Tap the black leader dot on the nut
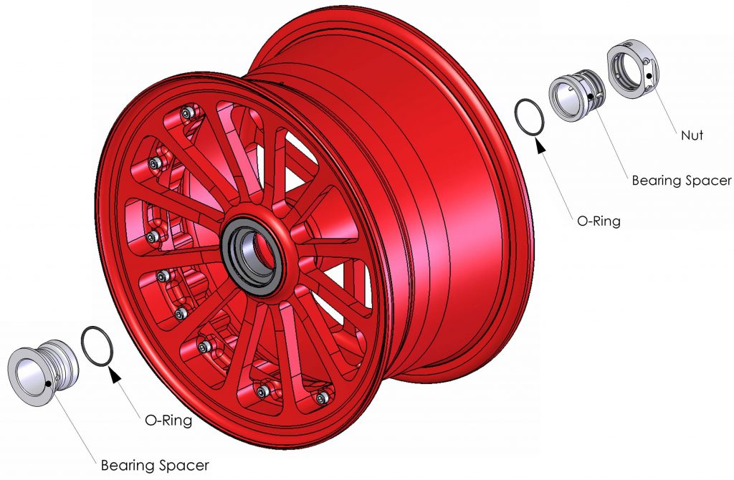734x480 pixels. click(648, 75)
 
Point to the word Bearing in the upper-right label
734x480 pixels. click(654, 181)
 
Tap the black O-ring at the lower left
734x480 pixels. click(97, 345)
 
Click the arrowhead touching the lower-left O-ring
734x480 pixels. click(112, 370)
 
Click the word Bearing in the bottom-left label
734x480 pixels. click(128, 465)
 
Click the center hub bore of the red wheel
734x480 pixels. click(253, 254)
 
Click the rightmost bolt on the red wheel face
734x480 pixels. click(323, 397)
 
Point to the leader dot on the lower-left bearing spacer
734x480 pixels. click(47, 383)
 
